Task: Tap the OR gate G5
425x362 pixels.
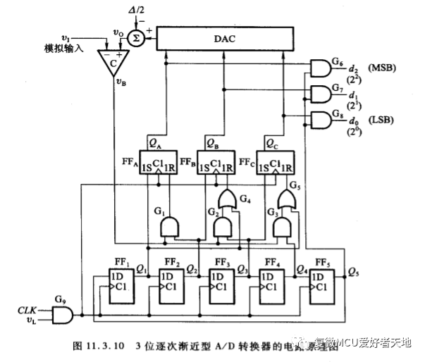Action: pyautogui.click(x=285, y=199)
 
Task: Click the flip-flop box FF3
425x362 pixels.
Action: pyautogui.click(x=221, y=285)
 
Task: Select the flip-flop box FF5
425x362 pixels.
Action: pyautogui.click(x=321, y=285)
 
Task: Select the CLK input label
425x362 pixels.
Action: pyautogui.click(x=27, y=309)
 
